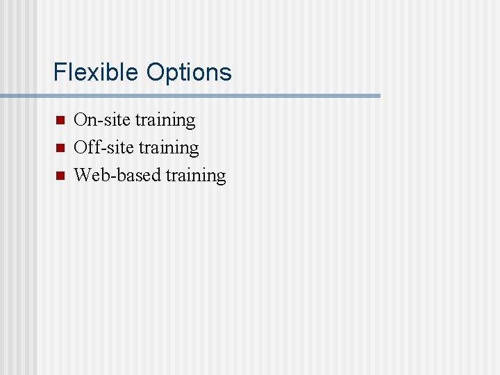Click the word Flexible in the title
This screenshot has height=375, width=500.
click(97, 72)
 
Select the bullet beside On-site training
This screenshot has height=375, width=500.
click(59, 120)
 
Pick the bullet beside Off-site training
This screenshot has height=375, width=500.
click(59, 148)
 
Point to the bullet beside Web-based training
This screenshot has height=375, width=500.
click(59, 176)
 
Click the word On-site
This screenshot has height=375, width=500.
click(102, 120)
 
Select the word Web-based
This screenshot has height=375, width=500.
click(117, 176)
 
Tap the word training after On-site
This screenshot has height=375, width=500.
click(165, 121)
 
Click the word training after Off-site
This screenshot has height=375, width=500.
click(169, 149)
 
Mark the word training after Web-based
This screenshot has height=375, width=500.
click(196, 176)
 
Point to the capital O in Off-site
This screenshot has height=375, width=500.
click(81, 148)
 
